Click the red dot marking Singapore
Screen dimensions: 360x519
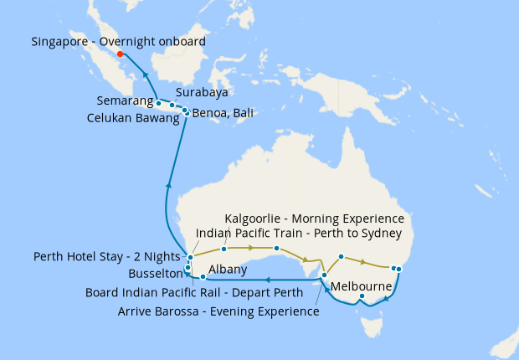121,54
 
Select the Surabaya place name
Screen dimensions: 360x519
203,93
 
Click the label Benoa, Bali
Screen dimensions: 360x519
223,113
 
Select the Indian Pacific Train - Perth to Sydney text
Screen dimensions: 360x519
298,233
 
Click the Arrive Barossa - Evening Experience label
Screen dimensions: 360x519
218,311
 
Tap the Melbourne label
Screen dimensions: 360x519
363,286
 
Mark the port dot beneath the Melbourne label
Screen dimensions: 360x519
362,297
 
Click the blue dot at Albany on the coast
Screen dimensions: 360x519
203,276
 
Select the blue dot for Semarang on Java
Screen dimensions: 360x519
159,104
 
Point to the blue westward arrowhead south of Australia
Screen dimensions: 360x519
266,280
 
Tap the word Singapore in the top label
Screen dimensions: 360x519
64,41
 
